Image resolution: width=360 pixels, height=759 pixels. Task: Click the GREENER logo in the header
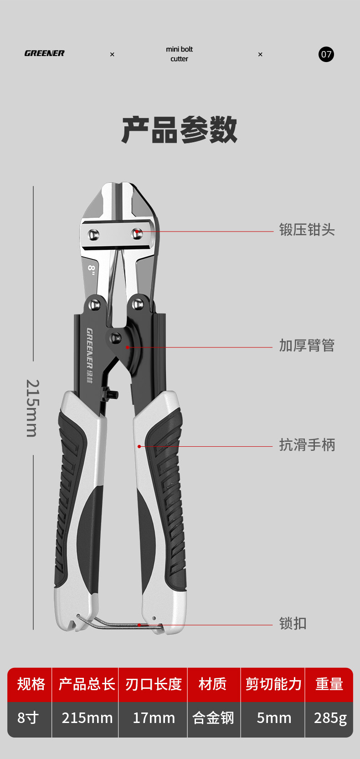pyautogui.click(x=44, y=53)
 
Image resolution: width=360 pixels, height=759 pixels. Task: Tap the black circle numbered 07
pyautogui.click(x=326, y=54)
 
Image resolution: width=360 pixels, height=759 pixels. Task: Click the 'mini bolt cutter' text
pyautogui.click(x=179, y=54)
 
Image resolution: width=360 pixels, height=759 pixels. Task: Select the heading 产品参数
pyautogui.click(x=180, y=130)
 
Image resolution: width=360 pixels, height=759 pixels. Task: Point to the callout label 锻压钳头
pyautogui.click(x=307, y=230)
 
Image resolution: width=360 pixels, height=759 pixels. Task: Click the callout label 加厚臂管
pyautogui.click(x=307, y=346)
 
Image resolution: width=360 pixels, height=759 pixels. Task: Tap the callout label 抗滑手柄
pyautogui.click(x=307, y=444)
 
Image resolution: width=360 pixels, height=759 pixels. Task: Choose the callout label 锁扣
pyautogui.click(x=293, y=623)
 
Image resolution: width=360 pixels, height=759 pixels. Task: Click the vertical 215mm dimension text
pyautogui.click(x=32, y=408)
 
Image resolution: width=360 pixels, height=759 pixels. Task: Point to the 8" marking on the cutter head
pyautogui.click(x=91, y=269)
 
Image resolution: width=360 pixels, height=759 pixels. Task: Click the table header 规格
pyautogui.click(x=31, y=684)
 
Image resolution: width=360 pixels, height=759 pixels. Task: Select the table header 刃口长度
pyautogui.click(x=153, y=684)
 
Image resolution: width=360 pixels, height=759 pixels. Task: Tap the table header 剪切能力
pyautogui.click(x=273, y=684)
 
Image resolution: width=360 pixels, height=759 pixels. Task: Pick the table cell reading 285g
pyautogui.click(x=330, y=718)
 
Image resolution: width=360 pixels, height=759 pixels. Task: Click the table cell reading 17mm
pyautogui.click(x=154, y=718)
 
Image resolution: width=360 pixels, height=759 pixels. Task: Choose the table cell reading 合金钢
pyautogui.click(x=213, y=718)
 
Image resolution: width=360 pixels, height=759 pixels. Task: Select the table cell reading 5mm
pyautogui.click(x=273, y=718)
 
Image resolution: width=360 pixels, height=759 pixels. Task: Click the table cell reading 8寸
pyautogui.click(x=28, y=718)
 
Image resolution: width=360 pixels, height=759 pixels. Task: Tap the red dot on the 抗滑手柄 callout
pyautogui.click(x=139, y=446)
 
